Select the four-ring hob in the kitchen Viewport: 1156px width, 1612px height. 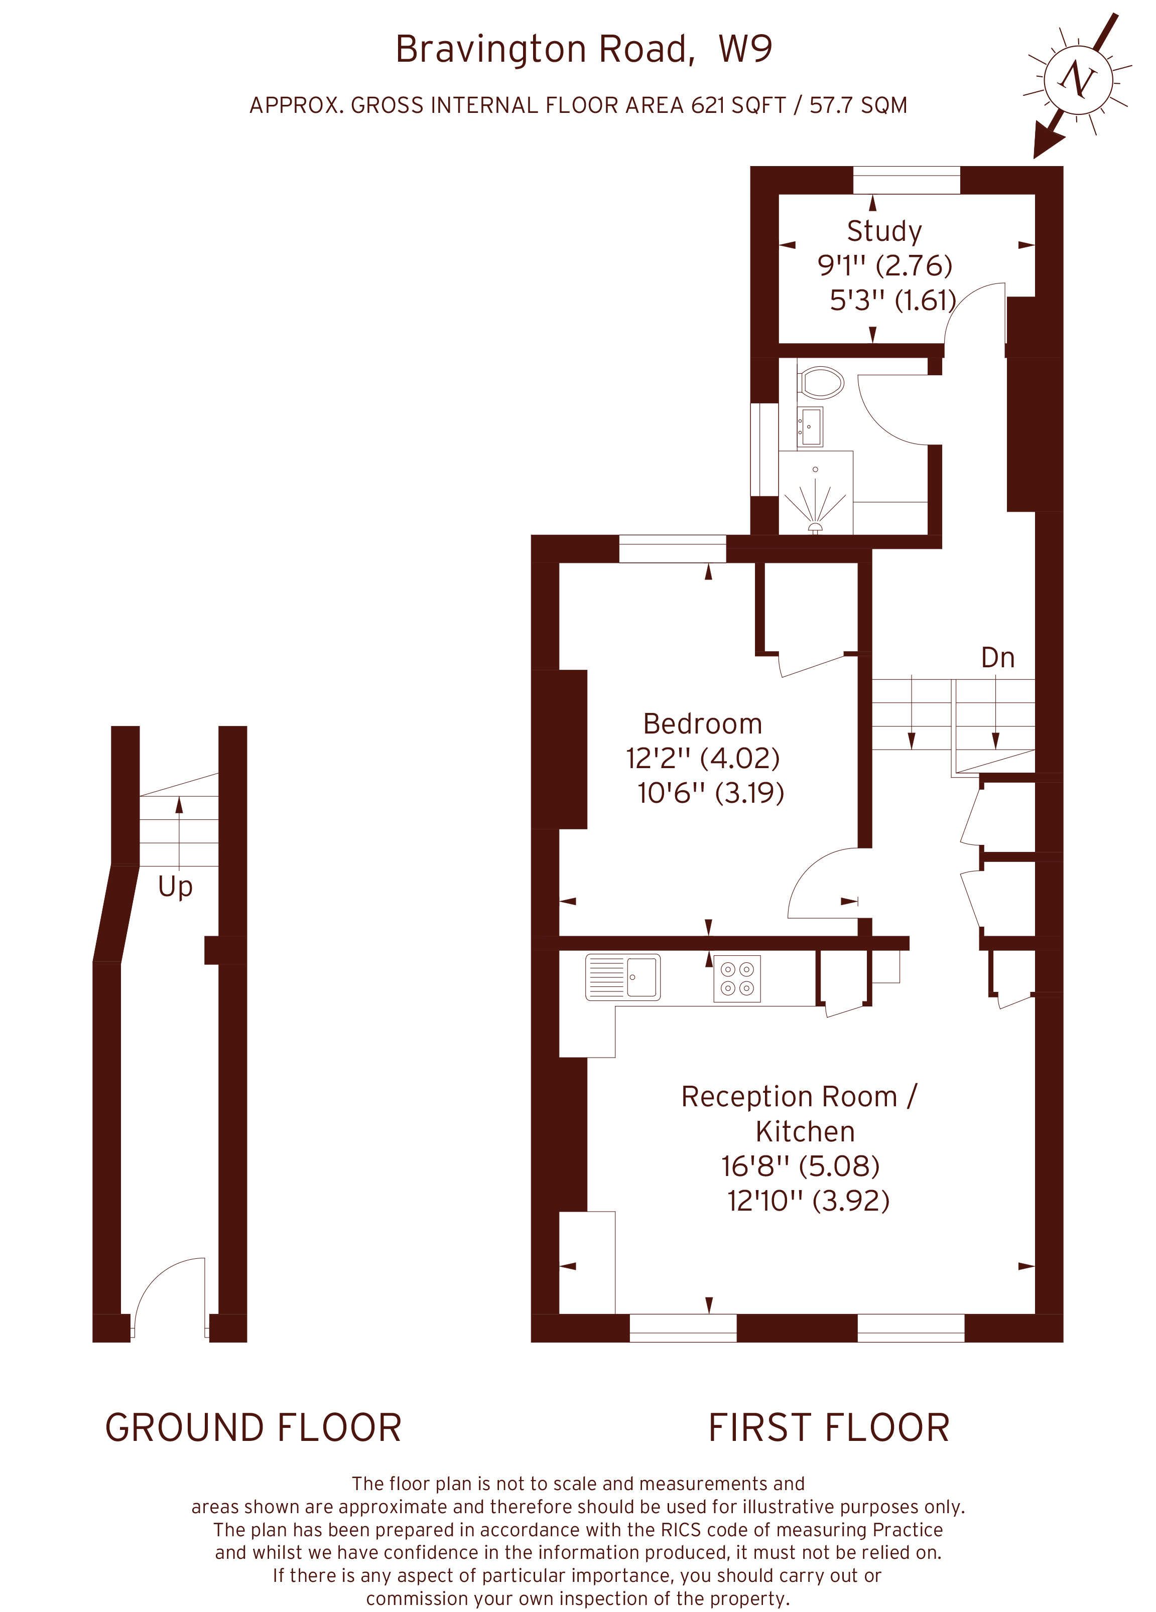(737, 979)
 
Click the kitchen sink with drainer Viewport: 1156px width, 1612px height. (623, 977)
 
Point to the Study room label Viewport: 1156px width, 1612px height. (884, 231)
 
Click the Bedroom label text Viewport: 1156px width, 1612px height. (702, 723)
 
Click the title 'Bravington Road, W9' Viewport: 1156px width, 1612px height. (584, 49)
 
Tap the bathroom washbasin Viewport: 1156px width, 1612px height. (810, 426)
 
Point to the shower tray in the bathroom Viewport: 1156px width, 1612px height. (816, 493)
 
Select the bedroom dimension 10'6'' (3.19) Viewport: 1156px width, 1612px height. (710, 793)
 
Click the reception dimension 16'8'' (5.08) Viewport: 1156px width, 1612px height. (801, 1165)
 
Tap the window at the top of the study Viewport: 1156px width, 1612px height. (907, 180)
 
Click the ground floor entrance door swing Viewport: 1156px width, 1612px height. (169, 1293)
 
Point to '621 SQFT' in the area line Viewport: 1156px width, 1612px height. (738, 105)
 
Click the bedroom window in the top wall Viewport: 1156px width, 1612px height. (673, 549)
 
